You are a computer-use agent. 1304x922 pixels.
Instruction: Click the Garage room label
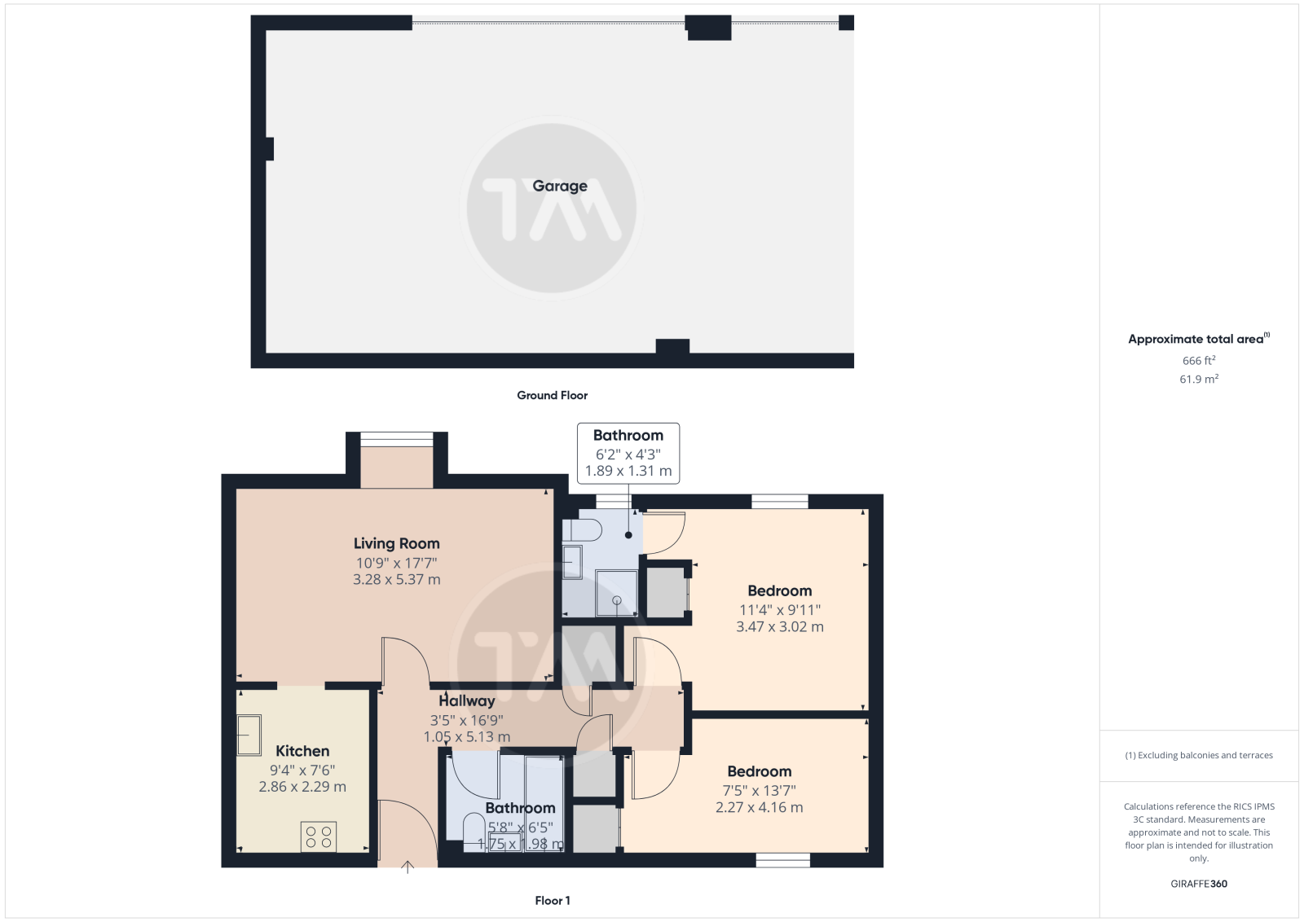pyautogui.click(x=559, y=187)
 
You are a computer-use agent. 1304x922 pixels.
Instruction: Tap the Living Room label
pyautogui.click(x=396, y=543)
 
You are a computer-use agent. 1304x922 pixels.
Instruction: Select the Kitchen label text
pyautogui.click(x=302, y=751)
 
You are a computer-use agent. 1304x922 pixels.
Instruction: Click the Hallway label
pyautogui.click(x=467, y=701)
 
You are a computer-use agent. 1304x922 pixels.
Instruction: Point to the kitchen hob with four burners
pyautogui.click(x=319, y=837)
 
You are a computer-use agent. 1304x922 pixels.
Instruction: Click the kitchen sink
pyautogui.click(x=249, y=735)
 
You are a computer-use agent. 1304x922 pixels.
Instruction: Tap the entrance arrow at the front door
pyautogui.click(x=407, y=867)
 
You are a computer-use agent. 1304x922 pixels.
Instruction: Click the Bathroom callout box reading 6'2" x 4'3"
pyautogui.click(x=628, y=453)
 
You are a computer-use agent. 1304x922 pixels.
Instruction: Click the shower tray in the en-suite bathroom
pyautogui.click(x=616, y=593)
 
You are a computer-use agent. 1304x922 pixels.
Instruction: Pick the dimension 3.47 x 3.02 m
pyautogui.click(x=779, y=627)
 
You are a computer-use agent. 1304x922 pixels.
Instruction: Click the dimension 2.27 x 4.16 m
pyautogui.click(x=759, y=807)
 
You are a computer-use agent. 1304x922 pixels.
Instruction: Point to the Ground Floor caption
pyautogui.click(x=552, y=396)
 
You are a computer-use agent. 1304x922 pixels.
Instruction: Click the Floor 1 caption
pyautogui.click(x=552, y=901)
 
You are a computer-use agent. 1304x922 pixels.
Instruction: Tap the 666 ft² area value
pyautogui.click(x=1199, y=361)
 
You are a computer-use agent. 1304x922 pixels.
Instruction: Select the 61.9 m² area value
pyautogui.click(x=1199, y=380)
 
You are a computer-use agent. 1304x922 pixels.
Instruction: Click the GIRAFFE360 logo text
pyautogui.click(x=1199, y=884)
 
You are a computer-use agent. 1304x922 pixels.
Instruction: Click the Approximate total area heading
pyautogui.click(x=1199, y=339)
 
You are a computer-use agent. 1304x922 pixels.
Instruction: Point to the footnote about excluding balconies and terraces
pyautogui.click(x=1199, y=755)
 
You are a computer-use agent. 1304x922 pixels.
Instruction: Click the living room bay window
pyautogui.click(x=396, y=439)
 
